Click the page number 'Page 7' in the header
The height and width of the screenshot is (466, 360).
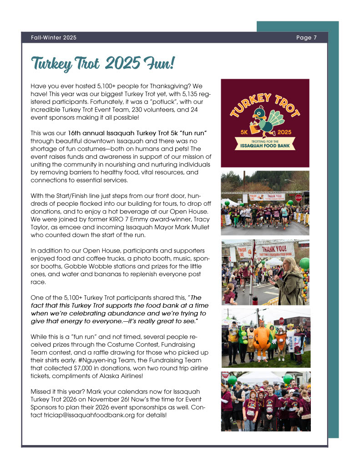(306, 37)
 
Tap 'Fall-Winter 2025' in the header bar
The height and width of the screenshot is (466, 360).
(54, 37)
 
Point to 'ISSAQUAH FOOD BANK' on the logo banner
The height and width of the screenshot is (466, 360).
(265, 146)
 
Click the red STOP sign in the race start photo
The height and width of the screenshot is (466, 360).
(299, 198)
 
